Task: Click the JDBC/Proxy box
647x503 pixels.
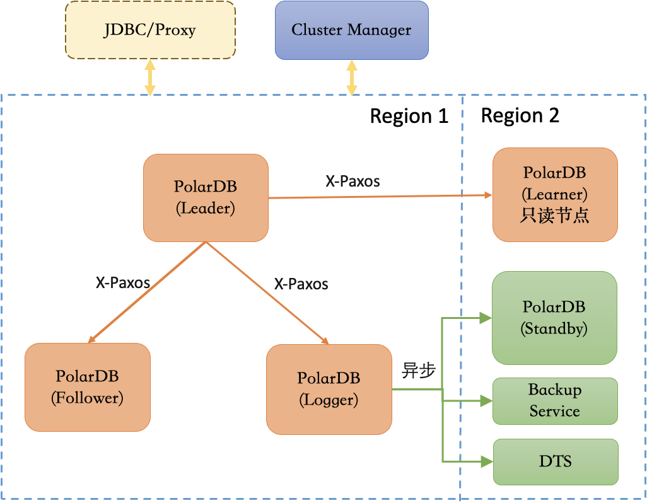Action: [x=150, y=30]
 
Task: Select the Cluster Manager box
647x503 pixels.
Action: [x=351, y=30]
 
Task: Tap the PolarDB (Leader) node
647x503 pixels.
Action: [x=206, y=197]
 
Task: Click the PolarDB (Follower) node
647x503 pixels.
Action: [x=87, y=386]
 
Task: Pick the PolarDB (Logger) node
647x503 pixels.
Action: [x=329, y=389]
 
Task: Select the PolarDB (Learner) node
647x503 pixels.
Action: [x=554, y=194]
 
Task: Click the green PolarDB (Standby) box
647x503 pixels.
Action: [x=554, y=317]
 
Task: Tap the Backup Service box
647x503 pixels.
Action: [x=554, y=400]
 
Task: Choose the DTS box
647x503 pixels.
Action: [x=555, y=461]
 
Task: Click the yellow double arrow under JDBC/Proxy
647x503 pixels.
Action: [x=149, y=78]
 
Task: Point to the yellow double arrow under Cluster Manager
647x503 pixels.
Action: [x=352, y=78]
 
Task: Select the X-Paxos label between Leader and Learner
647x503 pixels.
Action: [x=353, y=182]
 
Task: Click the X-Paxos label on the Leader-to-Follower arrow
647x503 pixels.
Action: [x=122, y=282]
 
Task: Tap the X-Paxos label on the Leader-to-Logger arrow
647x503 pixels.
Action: [x=301, y=284]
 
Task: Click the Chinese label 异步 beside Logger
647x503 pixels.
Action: [x=419, y=371]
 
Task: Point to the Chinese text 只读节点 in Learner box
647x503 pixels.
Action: [x=554, y=215]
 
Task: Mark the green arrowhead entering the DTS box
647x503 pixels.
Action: [x=486, y=462]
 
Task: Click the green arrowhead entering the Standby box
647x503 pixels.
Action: [x=486, y=318]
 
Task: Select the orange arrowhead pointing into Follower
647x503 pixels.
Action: [x=92, y=338]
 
